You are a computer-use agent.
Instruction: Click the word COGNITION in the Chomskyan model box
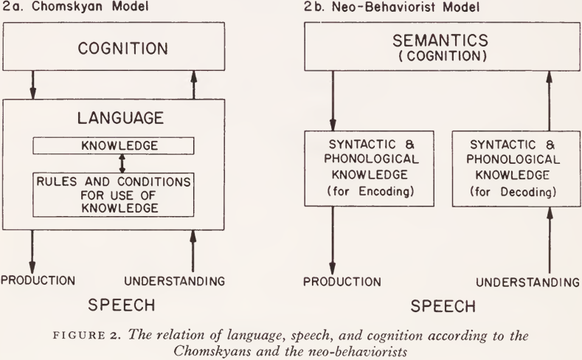pos(123,49)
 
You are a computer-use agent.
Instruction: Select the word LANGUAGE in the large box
pos(121,118)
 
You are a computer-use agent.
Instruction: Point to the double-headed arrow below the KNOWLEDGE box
pos(122,163)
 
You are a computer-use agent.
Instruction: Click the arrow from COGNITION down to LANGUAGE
pos(32,85)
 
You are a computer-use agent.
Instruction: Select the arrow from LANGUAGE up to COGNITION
pos(193,85)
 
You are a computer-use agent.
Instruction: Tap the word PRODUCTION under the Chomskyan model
pos(38,280)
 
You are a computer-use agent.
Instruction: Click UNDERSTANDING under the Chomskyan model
pos(174,281)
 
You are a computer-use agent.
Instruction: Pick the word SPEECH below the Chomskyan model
pos(122,305)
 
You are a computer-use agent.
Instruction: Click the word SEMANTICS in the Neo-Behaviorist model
pos(440,41)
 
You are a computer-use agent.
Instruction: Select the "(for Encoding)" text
pos(370,192)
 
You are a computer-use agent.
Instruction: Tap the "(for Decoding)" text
pos(513,192)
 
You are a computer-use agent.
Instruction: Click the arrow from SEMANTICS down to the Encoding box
pos(333,100)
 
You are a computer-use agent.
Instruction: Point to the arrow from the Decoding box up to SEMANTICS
pos(550,100)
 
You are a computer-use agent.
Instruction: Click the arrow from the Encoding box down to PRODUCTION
pos(333,240)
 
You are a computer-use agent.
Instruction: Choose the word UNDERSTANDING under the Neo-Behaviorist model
pos(528,283)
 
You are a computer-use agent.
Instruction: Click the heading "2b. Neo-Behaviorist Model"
pos(392,7)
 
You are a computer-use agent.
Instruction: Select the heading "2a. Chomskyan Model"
pos(76,7)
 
